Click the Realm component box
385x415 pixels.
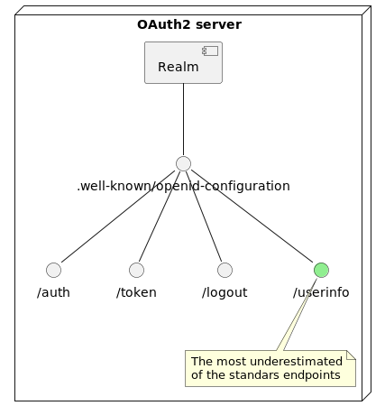click(x=183, y=62)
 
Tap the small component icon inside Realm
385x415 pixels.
click(x=210, y=51)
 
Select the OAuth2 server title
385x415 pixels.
click(x=189, y=24)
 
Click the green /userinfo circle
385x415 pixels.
click(x=321, y=270)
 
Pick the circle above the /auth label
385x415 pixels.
click(x=53, y=270)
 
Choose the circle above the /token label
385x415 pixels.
click(x=136, y=270)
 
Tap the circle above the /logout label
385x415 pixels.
click(x=225, y=270)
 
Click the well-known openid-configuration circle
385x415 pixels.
click(x=183, y=163)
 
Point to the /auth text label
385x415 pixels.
click(x=53, y=292)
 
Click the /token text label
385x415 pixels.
click(x=136, y=292)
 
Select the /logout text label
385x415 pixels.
click(x=225, y=292)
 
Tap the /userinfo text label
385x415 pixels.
click(x=321, y=292)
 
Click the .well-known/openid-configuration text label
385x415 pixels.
click(x=183, y=186)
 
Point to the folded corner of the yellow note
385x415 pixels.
click(x=351, y=355)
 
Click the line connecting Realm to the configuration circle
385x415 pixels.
click(x=183, y=119)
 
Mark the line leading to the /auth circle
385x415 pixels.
click(x=118, y=217)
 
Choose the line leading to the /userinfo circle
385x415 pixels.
click(x=252, y=217)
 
